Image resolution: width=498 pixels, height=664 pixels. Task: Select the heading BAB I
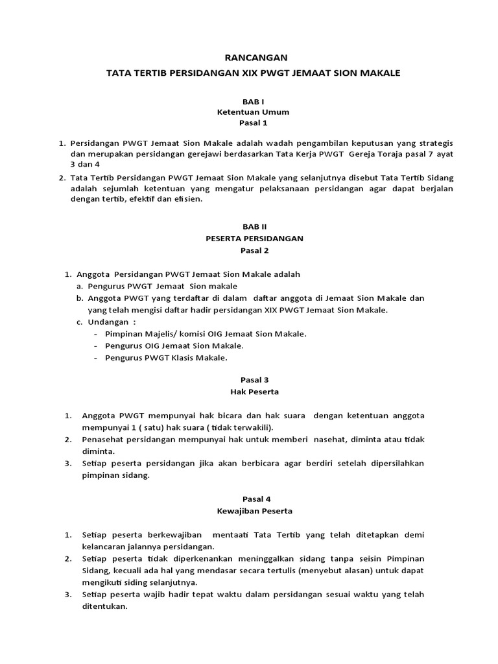click(x=254, y=101)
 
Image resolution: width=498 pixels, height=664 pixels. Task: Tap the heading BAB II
click(x=254, y=227)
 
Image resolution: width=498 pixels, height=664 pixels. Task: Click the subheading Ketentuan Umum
click(x=254, y=112)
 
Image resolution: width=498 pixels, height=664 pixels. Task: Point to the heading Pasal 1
click(x=254, y=122)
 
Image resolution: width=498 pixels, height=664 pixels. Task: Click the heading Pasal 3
click(x=254, y=381)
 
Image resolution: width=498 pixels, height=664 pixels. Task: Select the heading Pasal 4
click(x=254, y=499)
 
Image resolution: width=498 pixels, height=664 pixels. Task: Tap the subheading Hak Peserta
click(x=254, y=392)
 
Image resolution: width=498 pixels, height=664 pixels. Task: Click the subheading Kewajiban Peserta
click(x=254, y=511)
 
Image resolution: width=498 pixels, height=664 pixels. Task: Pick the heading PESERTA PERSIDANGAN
click(x=254, y=238)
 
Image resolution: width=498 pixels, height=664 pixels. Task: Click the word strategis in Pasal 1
click(x=418, y=143)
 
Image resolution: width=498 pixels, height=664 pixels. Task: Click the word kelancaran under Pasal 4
click(x=105, y=547)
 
